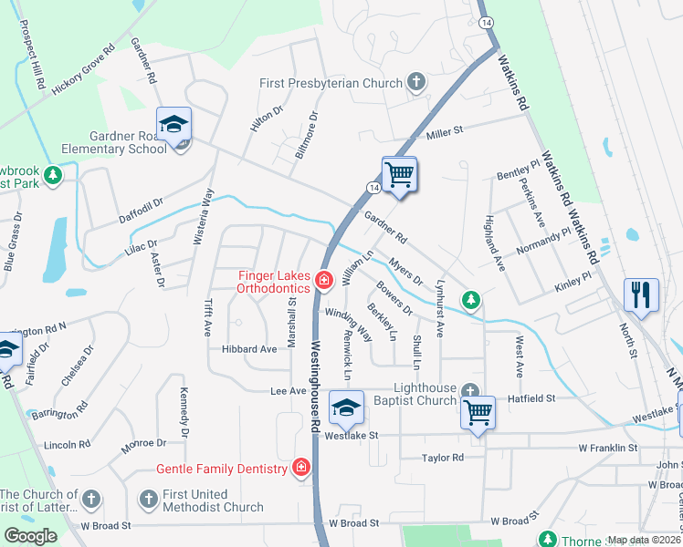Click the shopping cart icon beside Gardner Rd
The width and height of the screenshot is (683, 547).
coord(399,173)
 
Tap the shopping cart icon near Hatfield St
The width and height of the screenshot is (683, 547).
coord(478,411)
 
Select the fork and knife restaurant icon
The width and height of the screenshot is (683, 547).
coord(641,294)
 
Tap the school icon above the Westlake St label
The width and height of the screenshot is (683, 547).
coord(346,408)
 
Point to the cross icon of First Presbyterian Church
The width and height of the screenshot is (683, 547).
coord(415,83)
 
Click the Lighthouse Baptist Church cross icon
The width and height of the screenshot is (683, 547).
coord(470,391)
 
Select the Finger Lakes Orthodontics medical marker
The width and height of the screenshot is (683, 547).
coord(322,281)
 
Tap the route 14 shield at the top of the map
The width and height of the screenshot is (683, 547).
coord(486,21)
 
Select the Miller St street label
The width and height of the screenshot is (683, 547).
coord(446,131)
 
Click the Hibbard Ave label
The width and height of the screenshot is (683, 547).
coord(248,349)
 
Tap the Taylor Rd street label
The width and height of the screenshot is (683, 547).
coord(443,458)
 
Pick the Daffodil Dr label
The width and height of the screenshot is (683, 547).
coord(141,212)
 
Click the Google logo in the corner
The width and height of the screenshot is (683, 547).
coord(30,536)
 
